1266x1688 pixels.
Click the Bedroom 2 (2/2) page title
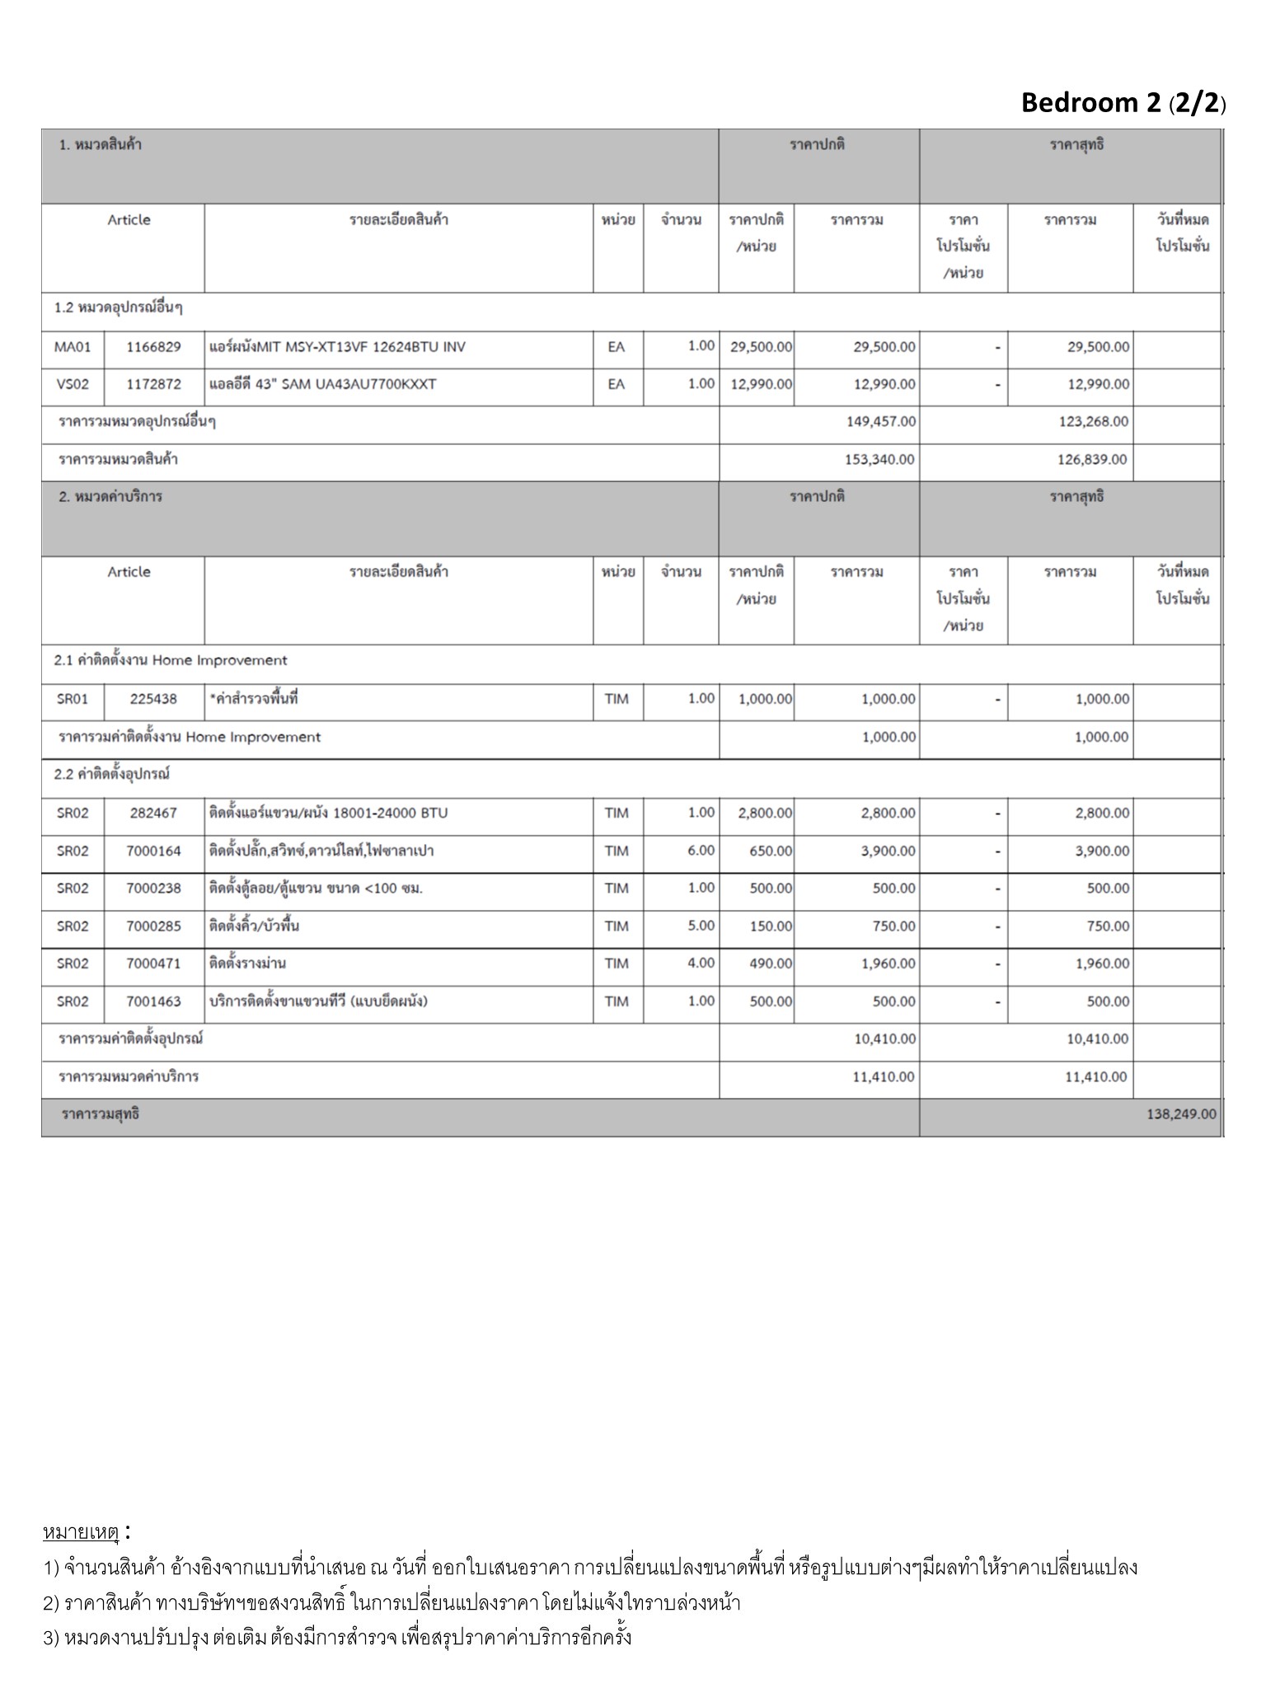(1123, 103)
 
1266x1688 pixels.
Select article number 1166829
(153, 347)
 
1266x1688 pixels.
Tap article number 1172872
(153, 384)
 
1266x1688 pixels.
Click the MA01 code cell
(73, 347)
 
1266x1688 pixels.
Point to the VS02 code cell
(73, 384)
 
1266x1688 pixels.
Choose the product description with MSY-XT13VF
(337, 347)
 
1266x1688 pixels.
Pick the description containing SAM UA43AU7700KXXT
(323, 384)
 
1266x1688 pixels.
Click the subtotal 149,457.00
(880, 422)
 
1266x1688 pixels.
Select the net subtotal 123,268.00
(1093, 422)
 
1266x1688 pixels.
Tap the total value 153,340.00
(879, 460)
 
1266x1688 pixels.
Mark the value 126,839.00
(1092, 460)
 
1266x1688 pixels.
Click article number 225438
(153, 699)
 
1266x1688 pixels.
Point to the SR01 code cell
(73, 699)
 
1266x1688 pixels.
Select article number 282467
(153, 813)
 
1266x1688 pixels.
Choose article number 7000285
(153, 926)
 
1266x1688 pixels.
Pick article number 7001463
(153, 1001)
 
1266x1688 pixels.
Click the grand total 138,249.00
(1180, 1114)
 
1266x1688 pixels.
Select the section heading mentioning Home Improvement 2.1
(171, 661)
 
